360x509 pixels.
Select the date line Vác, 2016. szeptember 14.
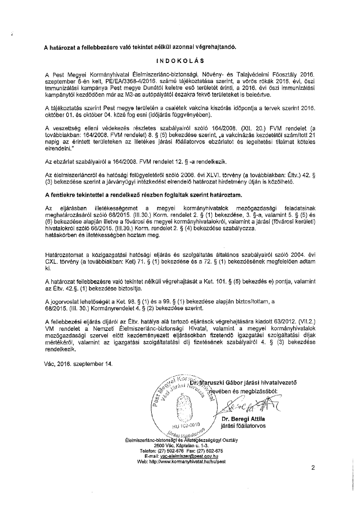click(x=78, y=364)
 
